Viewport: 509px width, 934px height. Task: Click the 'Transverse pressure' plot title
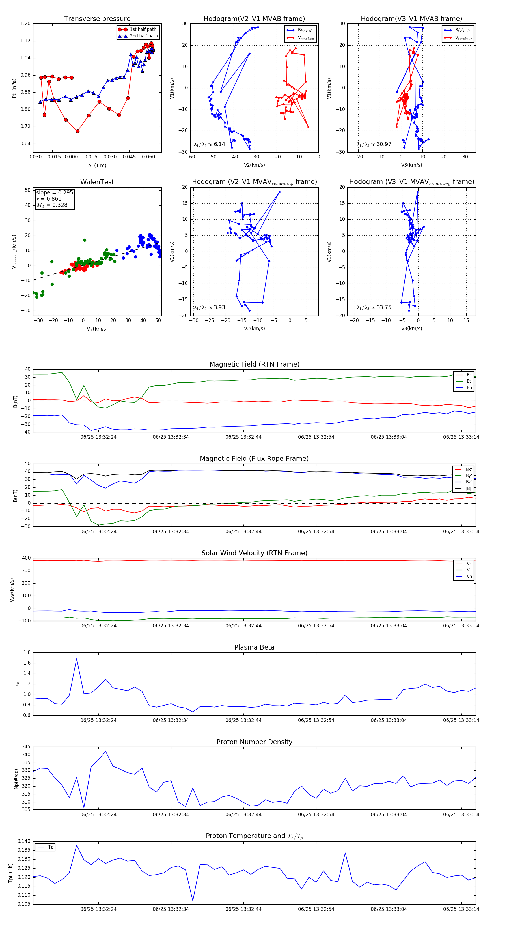coord(97,19)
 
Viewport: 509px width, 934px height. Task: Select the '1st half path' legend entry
coord(143,29)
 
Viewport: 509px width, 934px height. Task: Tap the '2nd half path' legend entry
coord(143,36)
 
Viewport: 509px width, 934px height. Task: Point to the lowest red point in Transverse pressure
coord(77,131)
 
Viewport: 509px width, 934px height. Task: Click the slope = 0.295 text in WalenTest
coord(54,192)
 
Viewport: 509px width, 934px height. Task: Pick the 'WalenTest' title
coord(97,182)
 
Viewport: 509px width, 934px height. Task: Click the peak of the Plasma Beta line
coord(76,659)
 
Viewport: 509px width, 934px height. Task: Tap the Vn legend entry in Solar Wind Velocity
coord(469,577)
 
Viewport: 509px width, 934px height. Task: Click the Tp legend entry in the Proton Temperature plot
coord(51,847)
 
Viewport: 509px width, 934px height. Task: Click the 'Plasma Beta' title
coord(254,647)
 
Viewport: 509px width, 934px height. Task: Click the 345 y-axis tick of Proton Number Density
coord(26,747)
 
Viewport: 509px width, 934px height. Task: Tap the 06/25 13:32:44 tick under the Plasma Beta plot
coord(243,720)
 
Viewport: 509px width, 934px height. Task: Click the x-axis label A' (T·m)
coord(97,165)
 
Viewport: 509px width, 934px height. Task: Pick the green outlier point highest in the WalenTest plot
coord(85,240)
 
